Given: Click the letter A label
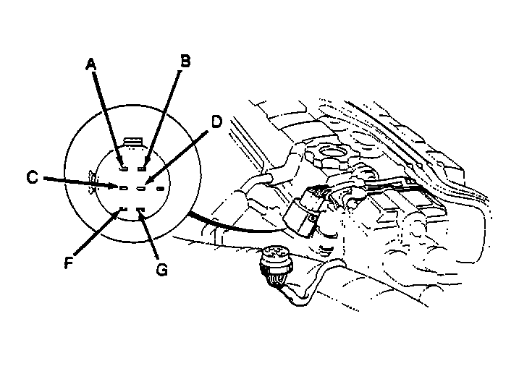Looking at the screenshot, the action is (x=90, y=64).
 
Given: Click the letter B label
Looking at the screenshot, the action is (x=185, y=61).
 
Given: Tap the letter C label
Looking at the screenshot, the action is (x=32, y=177).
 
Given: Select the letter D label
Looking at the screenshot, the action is (x=216, y=122).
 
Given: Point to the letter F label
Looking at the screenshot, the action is (x=69, y=263).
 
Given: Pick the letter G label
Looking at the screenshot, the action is (x=161, y=270).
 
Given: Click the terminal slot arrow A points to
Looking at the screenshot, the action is (x=124, y=169).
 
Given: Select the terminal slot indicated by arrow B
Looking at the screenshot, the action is (x=143, y=169).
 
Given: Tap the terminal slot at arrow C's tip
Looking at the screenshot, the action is (x=123, y=188).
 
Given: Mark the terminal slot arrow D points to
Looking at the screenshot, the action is (x=142, y=189).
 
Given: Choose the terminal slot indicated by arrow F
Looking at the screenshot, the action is (x=123, y=209).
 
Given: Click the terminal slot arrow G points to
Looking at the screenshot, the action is (x=141, y=209).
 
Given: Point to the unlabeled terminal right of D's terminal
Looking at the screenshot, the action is (x=160, y=189).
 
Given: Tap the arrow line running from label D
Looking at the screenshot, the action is (x=177, y=158).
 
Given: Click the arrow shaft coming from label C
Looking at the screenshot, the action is (x=82, y=182).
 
